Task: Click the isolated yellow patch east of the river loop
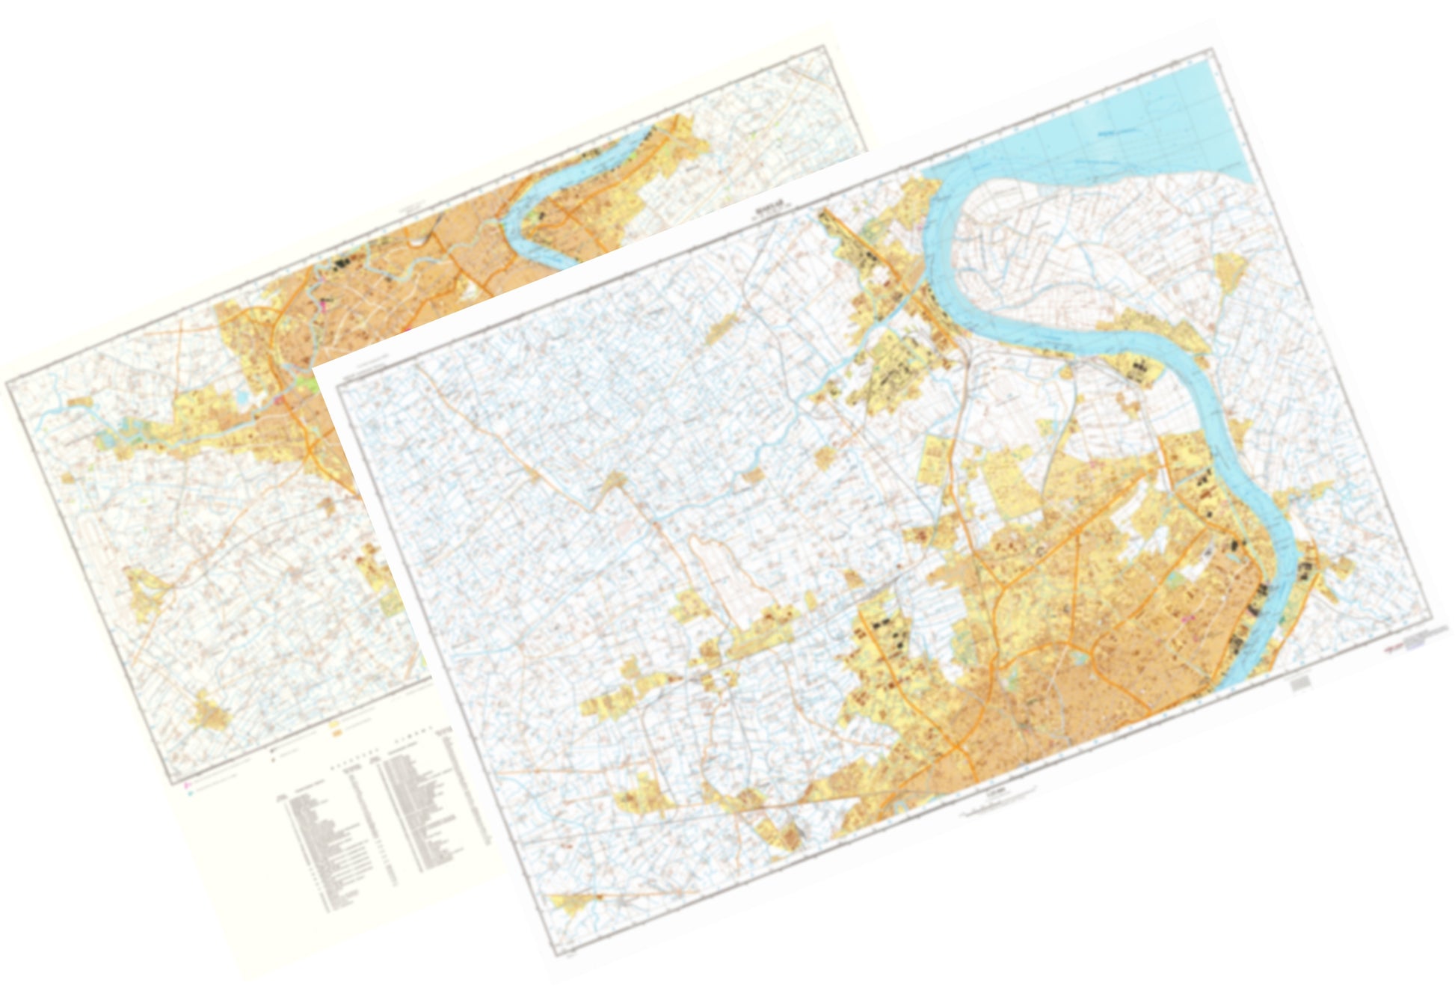pos(1228,269)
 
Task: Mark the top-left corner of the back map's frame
pos(7,380)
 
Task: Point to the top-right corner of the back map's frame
pos(828,46)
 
